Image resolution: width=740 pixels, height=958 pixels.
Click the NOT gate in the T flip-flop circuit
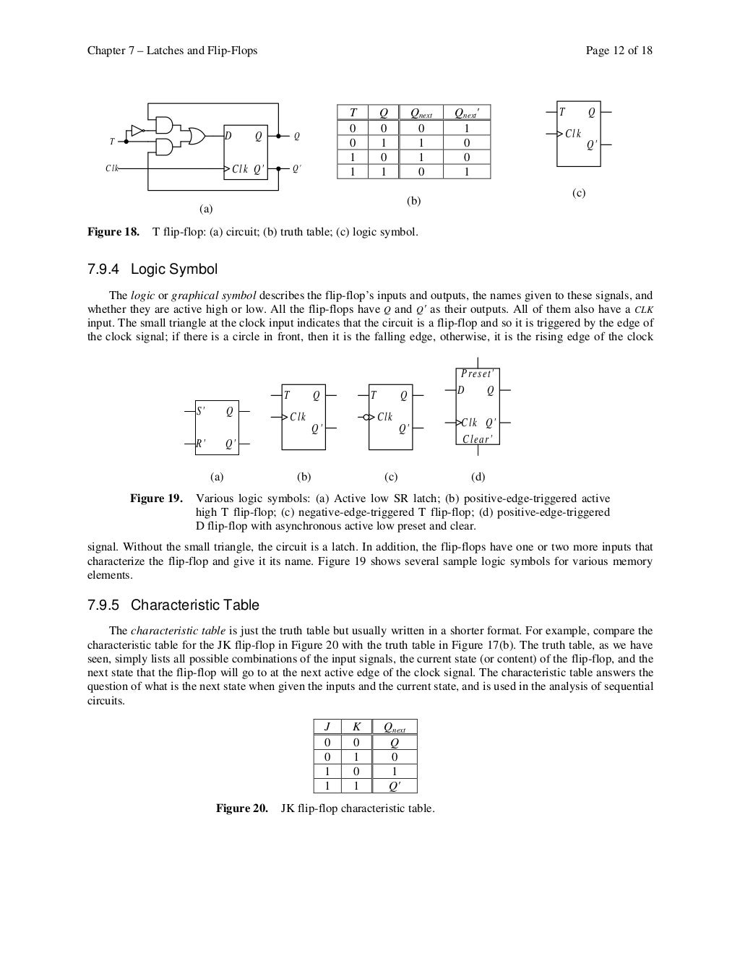[x=137, y=131]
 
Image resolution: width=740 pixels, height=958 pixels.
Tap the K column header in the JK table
[x=356, y=728]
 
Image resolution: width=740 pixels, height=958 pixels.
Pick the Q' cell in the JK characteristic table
[x=395, y=786]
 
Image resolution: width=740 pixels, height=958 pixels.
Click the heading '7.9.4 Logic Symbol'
[x=152, y=269]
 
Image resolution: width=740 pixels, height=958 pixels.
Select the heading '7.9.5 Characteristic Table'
[x=173, y=605]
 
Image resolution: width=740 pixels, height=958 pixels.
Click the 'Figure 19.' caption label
[x=156, y=499]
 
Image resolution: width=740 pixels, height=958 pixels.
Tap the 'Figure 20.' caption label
[x=242, y=808]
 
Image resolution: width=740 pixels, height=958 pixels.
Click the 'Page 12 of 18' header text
[x=619, y=51]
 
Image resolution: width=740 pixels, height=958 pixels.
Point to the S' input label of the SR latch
[x=201, y=412]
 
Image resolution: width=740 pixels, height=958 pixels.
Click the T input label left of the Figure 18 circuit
[x=112, y=142]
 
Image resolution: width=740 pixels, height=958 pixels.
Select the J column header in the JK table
[x=327, y=728]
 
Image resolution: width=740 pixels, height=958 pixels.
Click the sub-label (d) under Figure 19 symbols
[x=478, y=477]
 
